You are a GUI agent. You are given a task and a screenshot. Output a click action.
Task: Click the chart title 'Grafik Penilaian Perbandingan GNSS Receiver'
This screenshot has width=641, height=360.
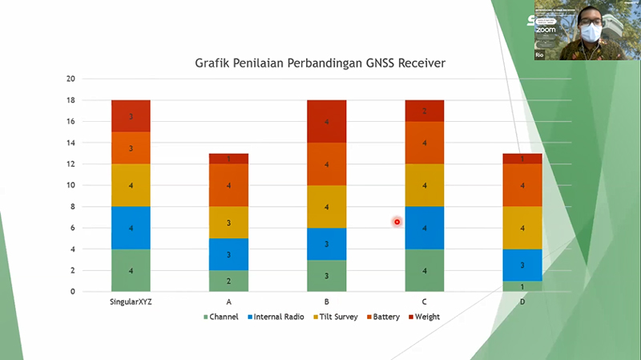[320, 63]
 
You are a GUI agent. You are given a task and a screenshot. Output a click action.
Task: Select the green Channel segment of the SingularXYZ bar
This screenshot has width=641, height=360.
[131, 270]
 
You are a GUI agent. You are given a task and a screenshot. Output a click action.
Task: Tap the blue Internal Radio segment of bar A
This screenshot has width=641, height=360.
[229, 254]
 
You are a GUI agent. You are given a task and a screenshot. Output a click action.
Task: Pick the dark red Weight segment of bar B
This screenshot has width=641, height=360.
[328, 121]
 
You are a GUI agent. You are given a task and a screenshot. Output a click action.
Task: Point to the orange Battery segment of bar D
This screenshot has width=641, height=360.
[523, 185]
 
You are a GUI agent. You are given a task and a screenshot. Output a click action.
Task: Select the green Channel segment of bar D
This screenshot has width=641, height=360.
[523, 286]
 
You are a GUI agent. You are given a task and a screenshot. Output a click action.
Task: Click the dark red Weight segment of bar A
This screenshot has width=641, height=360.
[229, 159]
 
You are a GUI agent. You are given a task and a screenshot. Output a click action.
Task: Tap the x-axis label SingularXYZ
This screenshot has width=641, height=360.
[131, 303]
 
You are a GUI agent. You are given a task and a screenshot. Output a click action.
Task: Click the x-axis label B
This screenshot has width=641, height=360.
[328, 303]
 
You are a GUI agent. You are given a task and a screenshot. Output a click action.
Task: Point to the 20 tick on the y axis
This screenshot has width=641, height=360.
[71, 79]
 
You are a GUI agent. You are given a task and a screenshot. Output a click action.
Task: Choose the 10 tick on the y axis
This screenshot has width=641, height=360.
[71, 185]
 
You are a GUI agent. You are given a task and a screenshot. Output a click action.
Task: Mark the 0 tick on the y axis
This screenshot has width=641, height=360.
[72, 292]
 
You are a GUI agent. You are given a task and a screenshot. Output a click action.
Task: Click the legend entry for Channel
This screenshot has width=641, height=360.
[224, 317]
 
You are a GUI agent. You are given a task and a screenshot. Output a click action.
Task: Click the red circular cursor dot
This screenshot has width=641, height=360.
[397, 222]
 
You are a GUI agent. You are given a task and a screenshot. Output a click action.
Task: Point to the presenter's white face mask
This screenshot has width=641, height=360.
[591, 33]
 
